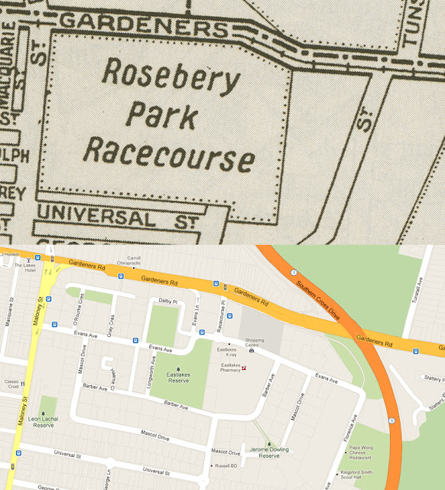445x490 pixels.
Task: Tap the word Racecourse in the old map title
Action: coord(169,152)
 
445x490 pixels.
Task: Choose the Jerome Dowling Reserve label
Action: coord(268,452)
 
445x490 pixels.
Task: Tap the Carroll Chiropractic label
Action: coord(135,260)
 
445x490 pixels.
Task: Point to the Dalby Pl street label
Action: coord(167,302)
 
